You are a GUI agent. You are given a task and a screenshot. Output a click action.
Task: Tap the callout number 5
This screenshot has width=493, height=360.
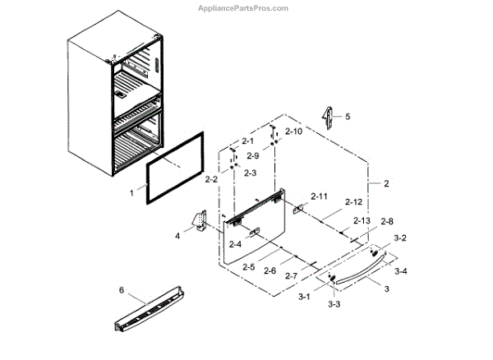point(346,118)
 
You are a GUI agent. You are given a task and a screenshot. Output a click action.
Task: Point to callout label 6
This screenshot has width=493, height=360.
point(122,290)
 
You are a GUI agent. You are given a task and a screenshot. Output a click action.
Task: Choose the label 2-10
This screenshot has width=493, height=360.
point(294,132)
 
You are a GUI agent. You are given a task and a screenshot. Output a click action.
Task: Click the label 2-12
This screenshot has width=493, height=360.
point(354,202)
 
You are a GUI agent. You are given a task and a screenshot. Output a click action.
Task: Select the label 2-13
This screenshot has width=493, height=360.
point(362,221)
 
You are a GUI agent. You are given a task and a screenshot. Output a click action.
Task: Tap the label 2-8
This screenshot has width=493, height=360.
point(386,221)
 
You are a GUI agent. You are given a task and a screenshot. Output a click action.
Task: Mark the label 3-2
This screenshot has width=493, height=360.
point(400,238)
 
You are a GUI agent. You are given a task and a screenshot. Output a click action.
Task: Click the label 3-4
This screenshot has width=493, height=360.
point(402,271)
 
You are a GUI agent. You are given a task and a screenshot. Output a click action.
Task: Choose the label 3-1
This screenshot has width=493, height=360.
point(304,295)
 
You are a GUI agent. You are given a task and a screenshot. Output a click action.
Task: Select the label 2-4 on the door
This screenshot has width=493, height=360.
point(235,244)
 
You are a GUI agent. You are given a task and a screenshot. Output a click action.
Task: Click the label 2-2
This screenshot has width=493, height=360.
point(211,179)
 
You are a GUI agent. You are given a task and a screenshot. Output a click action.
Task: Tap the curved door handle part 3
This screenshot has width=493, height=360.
point(353,267)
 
